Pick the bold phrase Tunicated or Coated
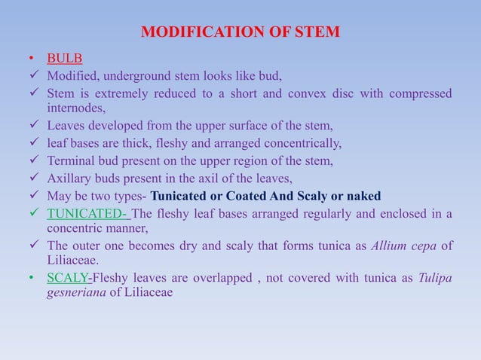(207, 197)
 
